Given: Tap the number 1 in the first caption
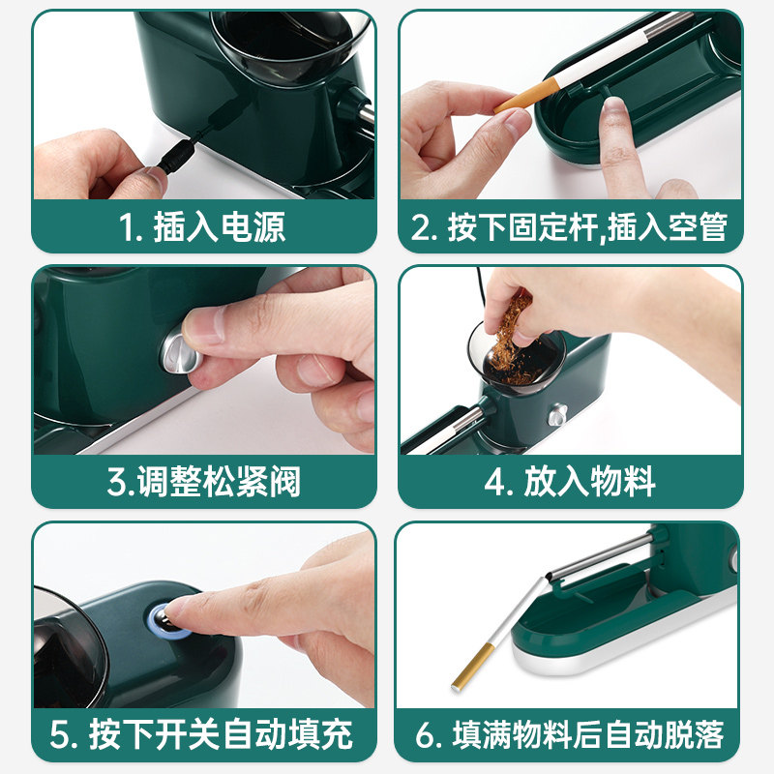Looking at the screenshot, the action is pos(126,228).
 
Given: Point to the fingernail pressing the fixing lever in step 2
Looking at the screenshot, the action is pos(614,105).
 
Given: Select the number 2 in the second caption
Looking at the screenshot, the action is pos(422,228).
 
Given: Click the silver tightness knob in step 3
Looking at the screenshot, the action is pos(179,349).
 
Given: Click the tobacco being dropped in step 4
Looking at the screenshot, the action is pos(510,341).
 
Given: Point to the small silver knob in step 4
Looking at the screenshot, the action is pos(558,415).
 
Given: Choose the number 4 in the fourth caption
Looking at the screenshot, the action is pos(494,482).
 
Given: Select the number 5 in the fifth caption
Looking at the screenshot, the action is pos(60,735).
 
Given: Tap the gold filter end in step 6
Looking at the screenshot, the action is pos(471,667).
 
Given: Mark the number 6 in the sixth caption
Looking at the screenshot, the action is pos(426,735).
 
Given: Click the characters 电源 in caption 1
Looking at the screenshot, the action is pos(253,227).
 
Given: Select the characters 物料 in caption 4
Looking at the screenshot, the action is pos(623,481).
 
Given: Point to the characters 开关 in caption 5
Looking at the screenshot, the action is pos(188,735).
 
